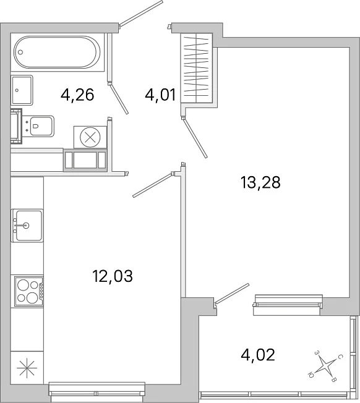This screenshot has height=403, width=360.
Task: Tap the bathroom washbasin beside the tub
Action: pos(22,90)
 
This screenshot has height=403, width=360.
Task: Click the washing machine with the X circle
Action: pos(90,137)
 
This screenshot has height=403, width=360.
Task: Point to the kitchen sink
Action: pos(27,226)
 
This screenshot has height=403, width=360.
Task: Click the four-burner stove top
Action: pos(29,292)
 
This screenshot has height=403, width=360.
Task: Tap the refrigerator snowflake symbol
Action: pos(27,368)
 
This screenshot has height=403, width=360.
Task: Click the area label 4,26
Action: pos(77,95)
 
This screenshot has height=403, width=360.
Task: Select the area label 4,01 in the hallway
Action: pos(160,95)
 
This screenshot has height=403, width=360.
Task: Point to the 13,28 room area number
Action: pos(260,182)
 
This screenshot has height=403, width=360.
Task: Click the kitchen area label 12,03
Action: pos(113,276)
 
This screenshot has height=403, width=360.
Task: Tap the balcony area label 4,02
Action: pos(258,355)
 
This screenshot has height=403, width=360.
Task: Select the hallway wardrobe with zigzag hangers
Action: pos(197,68)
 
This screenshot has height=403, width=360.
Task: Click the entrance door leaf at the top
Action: pos(141,14)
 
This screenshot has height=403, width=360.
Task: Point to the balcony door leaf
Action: pos(232,294)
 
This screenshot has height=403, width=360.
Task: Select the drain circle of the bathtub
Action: pos(20,52)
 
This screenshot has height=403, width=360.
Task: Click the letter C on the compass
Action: pos(340,357)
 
